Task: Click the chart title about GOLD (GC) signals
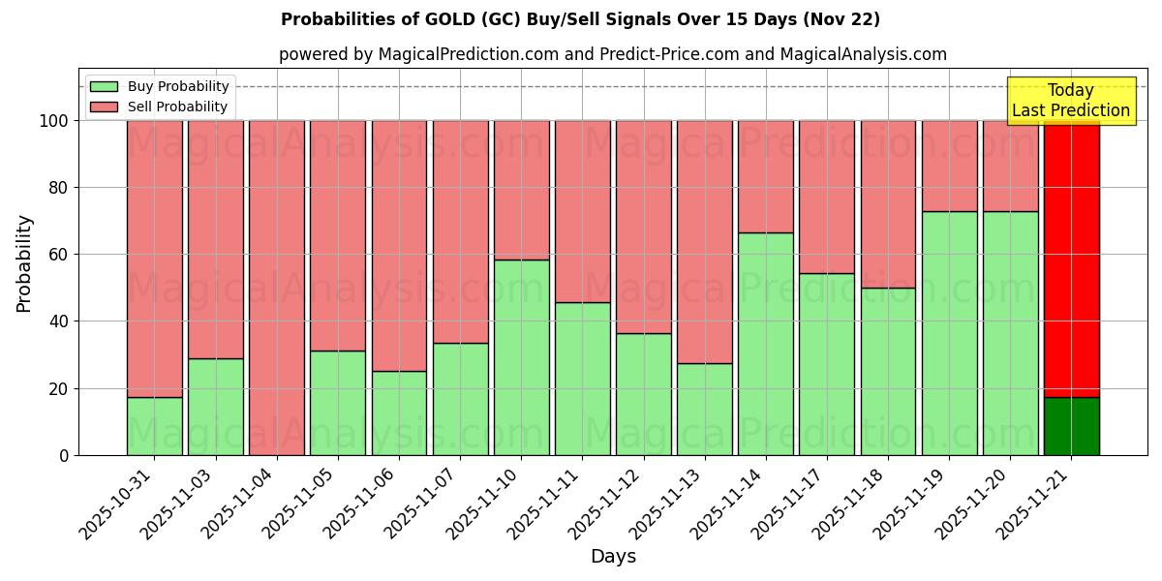coord(580,19)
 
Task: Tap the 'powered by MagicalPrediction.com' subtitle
coord(612,54)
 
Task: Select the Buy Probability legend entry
coord(178,86)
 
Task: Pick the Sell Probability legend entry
coord(177,107)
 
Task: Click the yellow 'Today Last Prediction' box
coord(1070,101)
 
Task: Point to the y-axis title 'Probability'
coord(24,262)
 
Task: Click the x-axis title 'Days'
coord(613,557)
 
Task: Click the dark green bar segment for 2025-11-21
coord(1071,426)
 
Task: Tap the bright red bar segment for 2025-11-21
coord(1071,259)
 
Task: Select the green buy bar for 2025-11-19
coord(949,333)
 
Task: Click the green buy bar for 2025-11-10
coord(521,357)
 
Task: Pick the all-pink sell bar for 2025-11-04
coord(277,288)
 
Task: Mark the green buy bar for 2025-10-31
coord(154,426)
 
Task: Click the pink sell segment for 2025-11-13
coord(704,242)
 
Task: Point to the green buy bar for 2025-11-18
coord(888,371)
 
